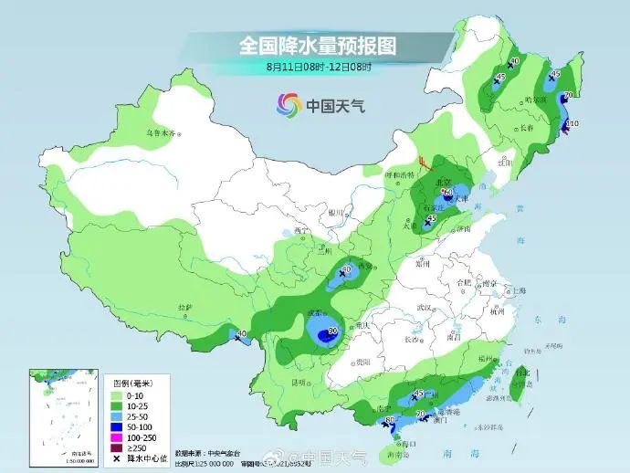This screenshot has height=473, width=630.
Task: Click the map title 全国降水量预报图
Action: [x=320, y=45]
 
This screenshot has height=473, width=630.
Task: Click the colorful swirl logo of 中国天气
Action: [x=289, y=105]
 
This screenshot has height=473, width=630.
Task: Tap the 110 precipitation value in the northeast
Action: [x=573, y=123]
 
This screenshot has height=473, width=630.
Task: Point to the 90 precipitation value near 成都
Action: [x=333, y=331]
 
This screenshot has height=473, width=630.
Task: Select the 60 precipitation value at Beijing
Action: [x=447, y=192]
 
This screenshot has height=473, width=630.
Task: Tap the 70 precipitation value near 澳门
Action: [x=421, y=415]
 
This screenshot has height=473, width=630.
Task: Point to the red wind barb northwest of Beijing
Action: [x=424, y=165]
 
